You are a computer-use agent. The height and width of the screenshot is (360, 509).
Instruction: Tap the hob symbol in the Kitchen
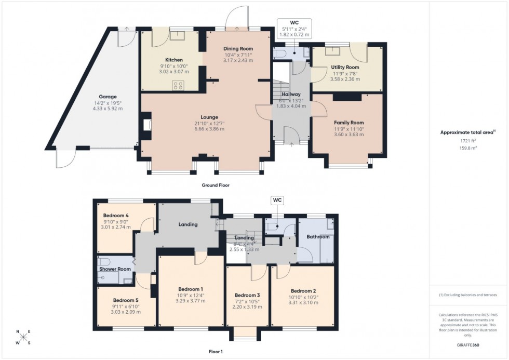tap(178, 85)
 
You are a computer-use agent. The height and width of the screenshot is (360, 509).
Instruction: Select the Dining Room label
tap(238, 48)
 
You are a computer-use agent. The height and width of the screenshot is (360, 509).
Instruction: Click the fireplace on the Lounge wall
tap(145, 124)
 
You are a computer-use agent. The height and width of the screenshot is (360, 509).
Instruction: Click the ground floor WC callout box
tap(294, 29)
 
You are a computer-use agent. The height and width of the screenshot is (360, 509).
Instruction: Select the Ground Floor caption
tap(216, 185)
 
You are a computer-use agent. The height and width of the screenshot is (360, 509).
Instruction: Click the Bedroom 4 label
tap(116, 215)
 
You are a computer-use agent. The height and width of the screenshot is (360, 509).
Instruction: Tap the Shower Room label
tap(115, 269)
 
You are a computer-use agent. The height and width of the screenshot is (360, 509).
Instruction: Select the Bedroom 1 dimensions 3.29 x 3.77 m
tap(191, 300)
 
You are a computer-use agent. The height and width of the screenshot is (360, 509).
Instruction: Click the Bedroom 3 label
tap(247, 295)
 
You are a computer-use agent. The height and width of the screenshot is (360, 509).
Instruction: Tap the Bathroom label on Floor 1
tap(317, 237)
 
